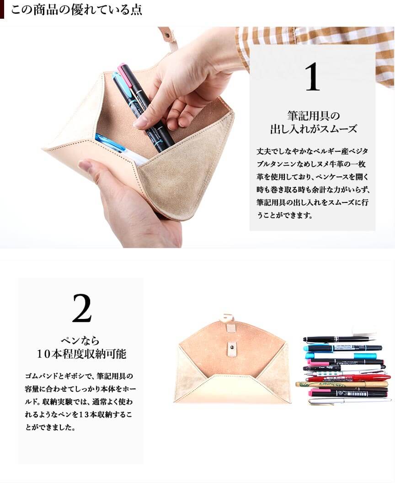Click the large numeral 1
[x=312, y=77]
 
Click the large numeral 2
[x=82, y=308]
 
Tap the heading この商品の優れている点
[x=76, y=10]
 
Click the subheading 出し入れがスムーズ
[x=313, y=129]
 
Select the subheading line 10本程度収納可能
[x=81, y=354]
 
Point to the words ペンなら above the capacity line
[x=80, y=340]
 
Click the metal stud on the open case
[x=232, y=347]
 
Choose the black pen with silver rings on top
[x=339, y=339]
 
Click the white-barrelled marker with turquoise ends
[x=341, y=356]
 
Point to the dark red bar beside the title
[x=2, y=10]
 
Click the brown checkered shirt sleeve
[x=315, y=47]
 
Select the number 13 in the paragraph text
[x=84, y=414]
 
